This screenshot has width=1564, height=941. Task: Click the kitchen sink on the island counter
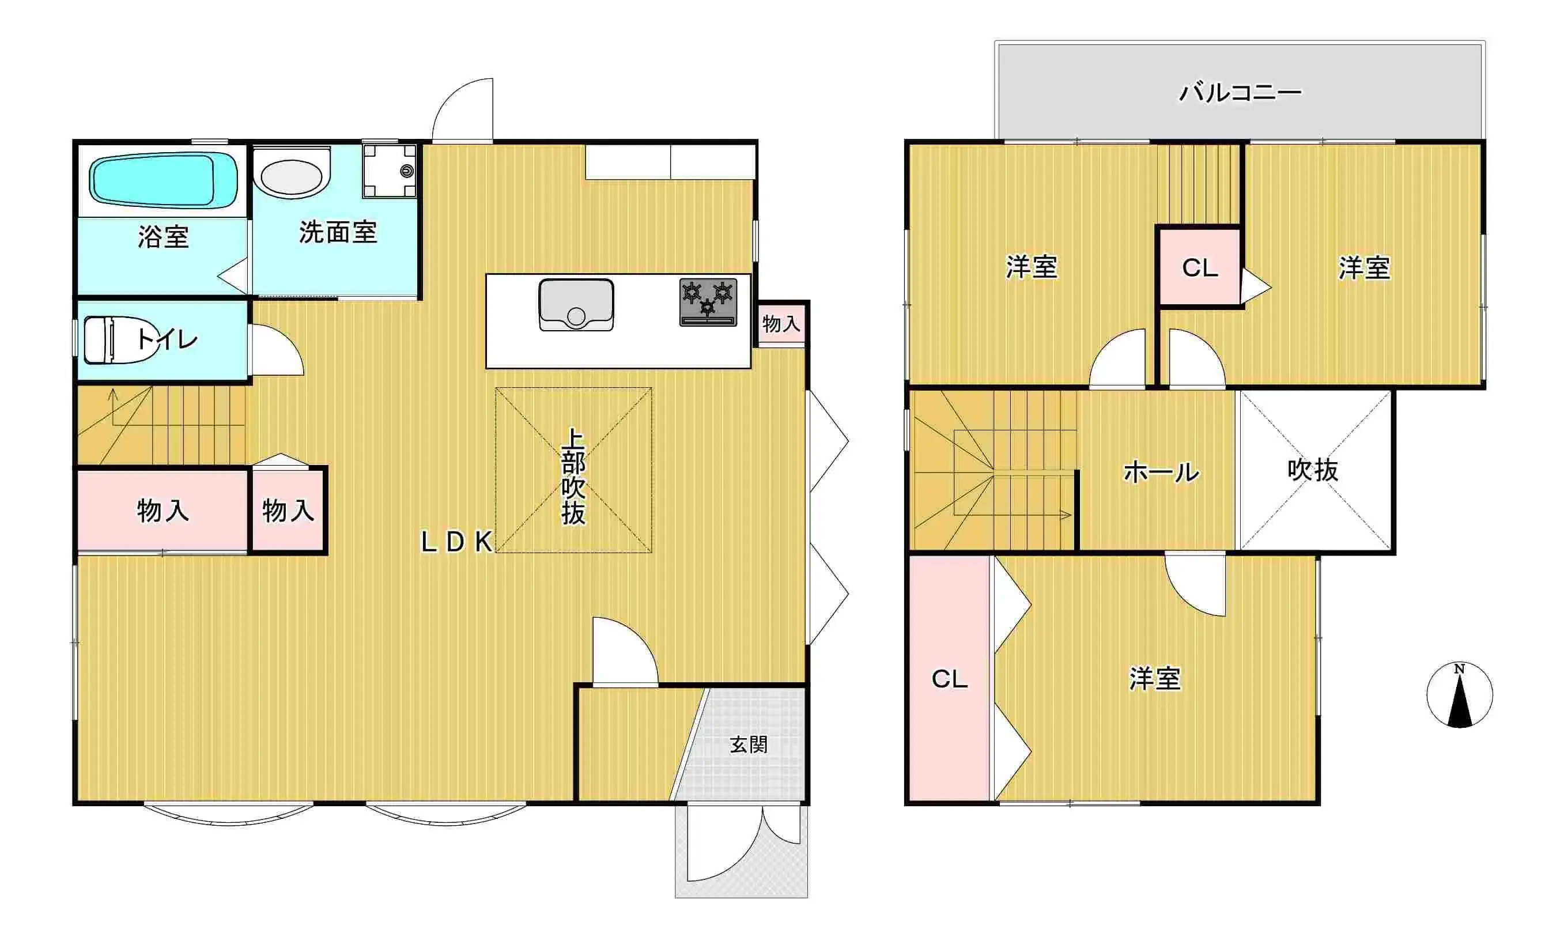click(576, 304)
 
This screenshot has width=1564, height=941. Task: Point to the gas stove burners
click(708, 301)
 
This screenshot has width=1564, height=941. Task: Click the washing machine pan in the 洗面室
click(389, 171)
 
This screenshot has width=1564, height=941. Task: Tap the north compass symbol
click(1459, 695)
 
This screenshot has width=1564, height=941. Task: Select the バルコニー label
click(1240, 93)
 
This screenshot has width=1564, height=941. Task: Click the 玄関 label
click(748, 745)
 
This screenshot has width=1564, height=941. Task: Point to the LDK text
click(457, 542)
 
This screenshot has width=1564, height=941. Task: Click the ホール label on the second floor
click(1161, 473)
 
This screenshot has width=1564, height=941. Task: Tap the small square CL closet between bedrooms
click(1199, 267)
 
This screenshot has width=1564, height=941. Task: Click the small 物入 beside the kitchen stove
click(781, 324)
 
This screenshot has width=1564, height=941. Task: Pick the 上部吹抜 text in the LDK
click(573, 477)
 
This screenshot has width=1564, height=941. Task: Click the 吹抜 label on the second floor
click(1312, 470)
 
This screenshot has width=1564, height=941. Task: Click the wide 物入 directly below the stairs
click(163, 511)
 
